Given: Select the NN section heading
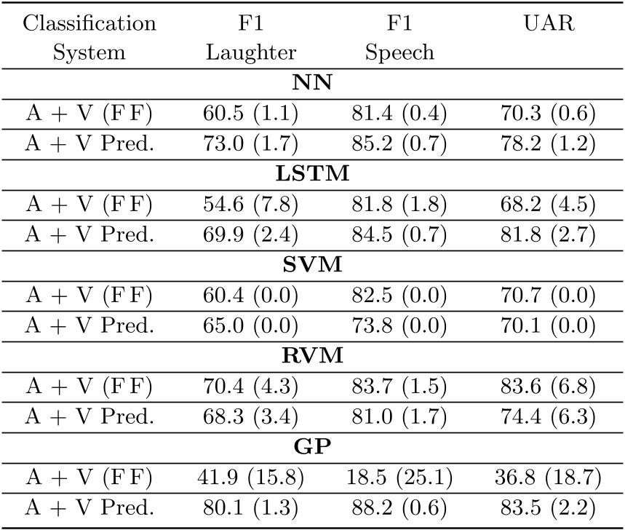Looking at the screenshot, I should click(312, 82).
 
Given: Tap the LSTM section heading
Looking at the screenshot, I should click(312, 175).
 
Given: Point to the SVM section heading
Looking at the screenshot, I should click(312, 268).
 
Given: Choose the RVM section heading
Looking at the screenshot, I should click(312, 360).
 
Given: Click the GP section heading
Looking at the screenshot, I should click(312, 453).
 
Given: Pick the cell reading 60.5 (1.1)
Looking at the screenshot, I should click(250, 114).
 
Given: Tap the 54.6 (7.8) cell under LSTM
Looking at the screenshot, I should click(250, 206).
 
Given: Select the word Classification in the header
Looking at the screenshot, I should click(89, 23).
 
